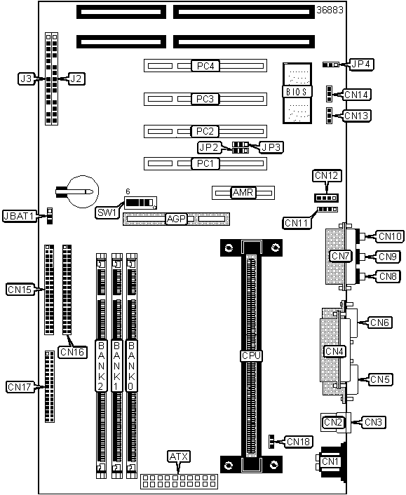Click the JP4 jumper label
pyautogui.click(x=361, y=64)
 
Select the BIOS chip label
pyautogui.click(x=297, y=92)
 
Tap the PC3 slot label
pyautogui.click(x=205, y=99)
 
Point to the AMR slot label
pyautogui.click(x=243, y=192)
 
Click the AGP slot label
pyautogui.click(x=176, y=219)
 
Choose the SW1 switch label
pyautogui.click(x=107, y=212)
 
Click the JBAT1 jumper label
pyautogui.click(x=19, y=216)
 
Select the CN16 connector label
pyautogui.click(x=73, y=352)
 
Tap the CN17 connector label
pyautogui.click(x=20, y=387)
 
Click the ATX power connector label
pyautogui.click(x=179, y=456)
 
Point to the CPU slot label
pyautogui.click(x=251, y=355)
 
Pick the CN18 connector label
pyautogui.click(x=299, y=442)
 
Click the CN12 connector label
pyautogui.click(x=327, y=175)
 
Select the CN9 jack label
pyautogui.click(x=388, y=257)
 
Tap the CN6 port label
pyautogui.click(x=380, y=323)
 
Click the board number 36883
pyautogui.click(x=330, y=10)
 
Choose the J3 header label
pyautogui.click(x=26, y=79)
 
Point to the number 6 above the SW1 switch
pyautogui.click(x=128, y=191)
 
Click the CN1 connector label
pyautogui.click(x=330, y=461)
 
